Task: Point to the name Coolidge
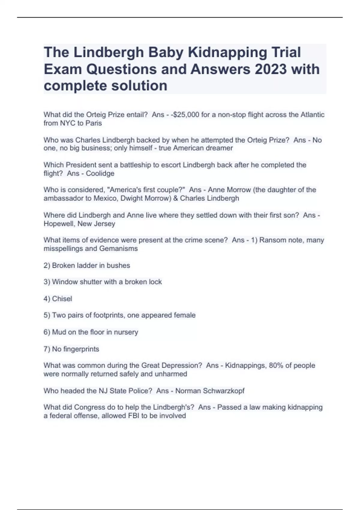point(100,173)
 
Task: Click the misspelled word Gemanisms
point(118,248)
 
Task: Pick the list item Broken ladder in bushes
point(87,265)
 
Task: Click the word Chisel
point(62,299)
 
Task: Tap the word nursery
point(126,332)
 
